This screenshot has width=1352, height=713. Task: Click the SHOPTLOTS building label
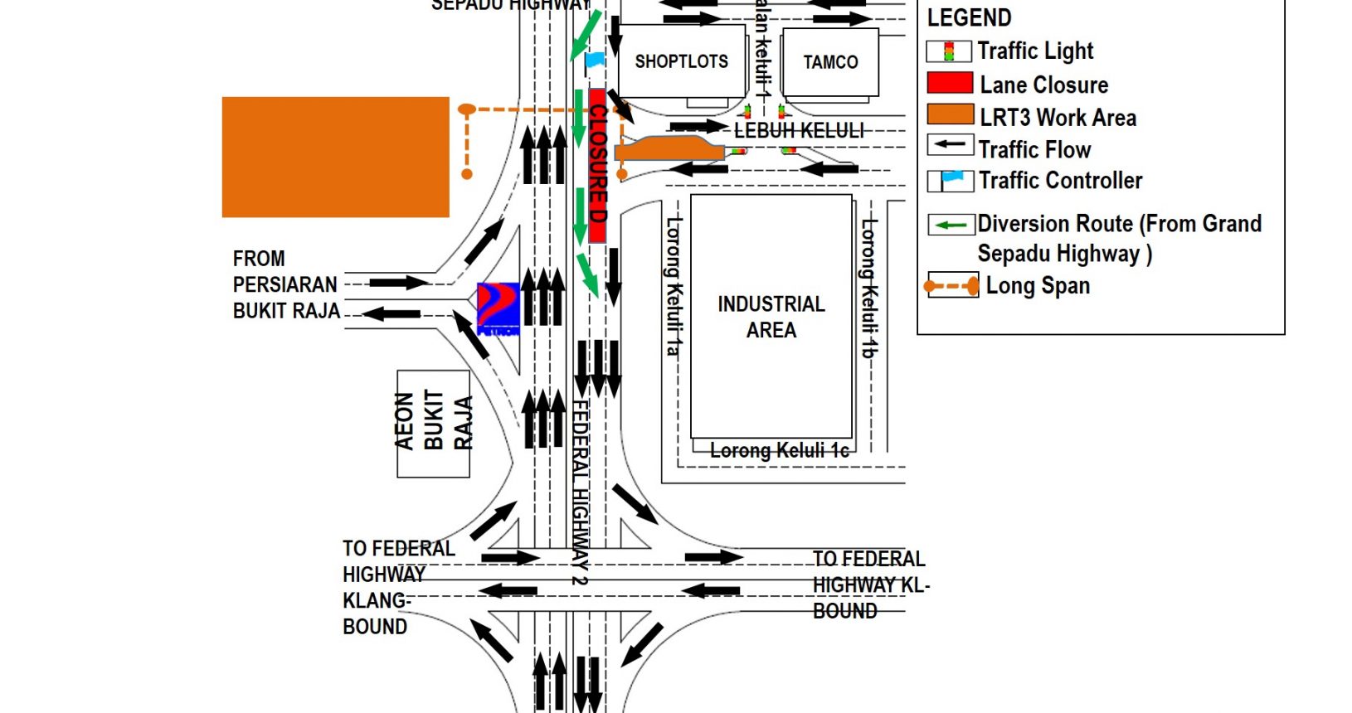click(681, 61)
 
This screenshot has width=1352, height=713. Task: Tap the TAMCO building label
click(830, 62)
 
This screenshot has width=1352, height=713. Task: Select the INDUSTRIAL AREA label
click(771, 317)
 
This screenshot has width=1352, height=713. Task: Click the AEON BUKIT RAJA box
click(433, 424)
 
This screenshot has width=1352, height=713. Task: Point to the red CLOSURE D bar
click(597, 166)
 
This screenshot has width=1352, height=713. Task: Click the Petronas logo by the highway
click(498, 308)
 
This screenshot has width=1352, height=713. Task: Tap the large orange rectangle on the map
click(335, 157)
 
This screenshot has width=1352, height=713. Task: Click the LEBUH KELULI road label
click(799, 130)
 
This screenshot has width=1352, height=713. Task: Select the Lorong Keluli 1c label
click(779, 450)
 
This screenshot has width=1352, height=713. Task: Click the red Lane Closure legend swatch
click(950, 83)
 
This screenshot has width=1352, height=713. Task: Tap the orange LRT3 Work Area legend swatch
click(950, 115)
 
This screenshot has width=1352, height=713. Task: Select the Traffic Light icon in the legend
click(949, 51)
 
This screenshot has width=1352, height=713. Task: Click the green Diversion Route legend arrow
click(951, 225)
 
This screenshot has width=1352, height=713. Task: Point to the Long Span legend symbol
click(952, 286)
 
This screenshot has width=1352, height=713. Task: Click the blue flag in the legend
click(952, 178)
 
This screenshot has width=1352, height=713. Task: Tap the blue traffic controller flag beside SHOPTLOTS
click(595, 60)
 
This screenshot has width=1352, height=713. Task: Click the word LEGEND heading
click(969, 17)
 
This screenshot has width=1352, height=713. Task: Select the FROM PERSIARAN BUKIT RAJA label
click(285, 284)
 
